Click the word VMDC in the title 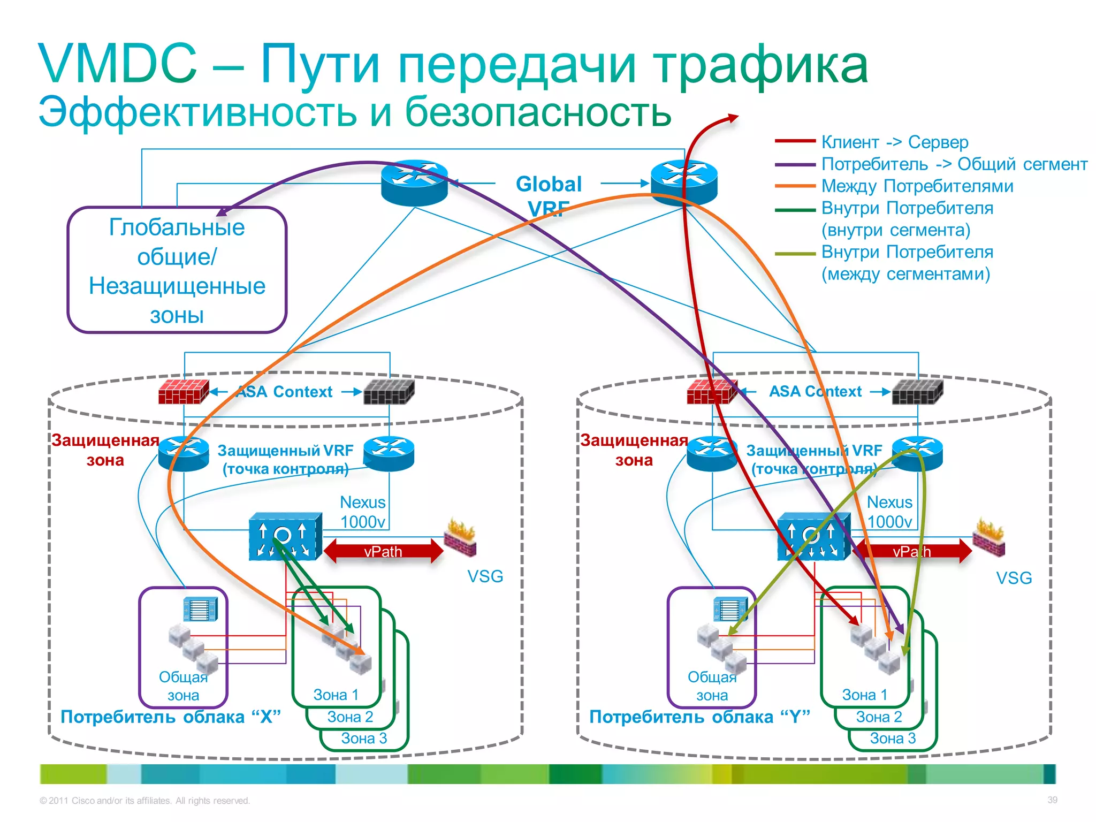tap(118, 64)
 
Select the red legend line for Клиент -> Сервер tap(795, 141)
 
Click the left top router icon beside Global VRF tap(414, 182)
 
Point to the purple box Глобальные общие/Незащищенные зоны tap(177, 270)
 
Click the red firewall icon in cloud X tap(183, 391)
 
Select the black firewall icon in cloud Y tap(917, 391)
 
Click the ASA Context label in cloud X tap(285, 392)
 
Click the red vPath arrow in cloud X tap(383, 551)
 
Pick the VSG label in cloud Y tap(1014, 578)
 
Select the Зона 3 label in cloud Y tap(893, 739)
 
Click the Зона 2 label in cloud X tap(350, 717)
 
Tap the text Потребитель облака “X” tap(170, 717)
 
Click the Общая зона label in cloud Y tap(712, 686)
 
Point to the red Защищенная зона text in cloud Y tap(634, 450)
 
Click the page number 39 tap(1052, 800)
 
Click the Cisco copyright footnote tap(144, 801)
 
